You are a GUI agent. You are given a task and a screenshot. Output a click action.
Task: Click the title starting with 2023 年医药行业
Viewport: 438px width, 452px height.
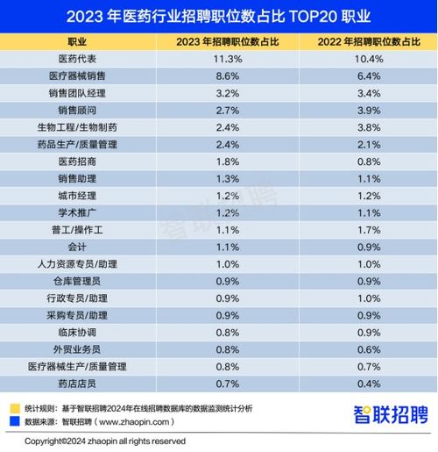218,16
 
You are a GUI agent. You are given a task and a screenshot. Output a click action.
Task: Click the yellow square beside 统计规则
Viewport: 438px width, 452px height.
13,407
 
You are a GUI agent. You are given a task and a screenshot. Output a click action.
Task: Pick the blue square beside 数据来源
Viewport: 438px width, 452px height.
13,420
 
